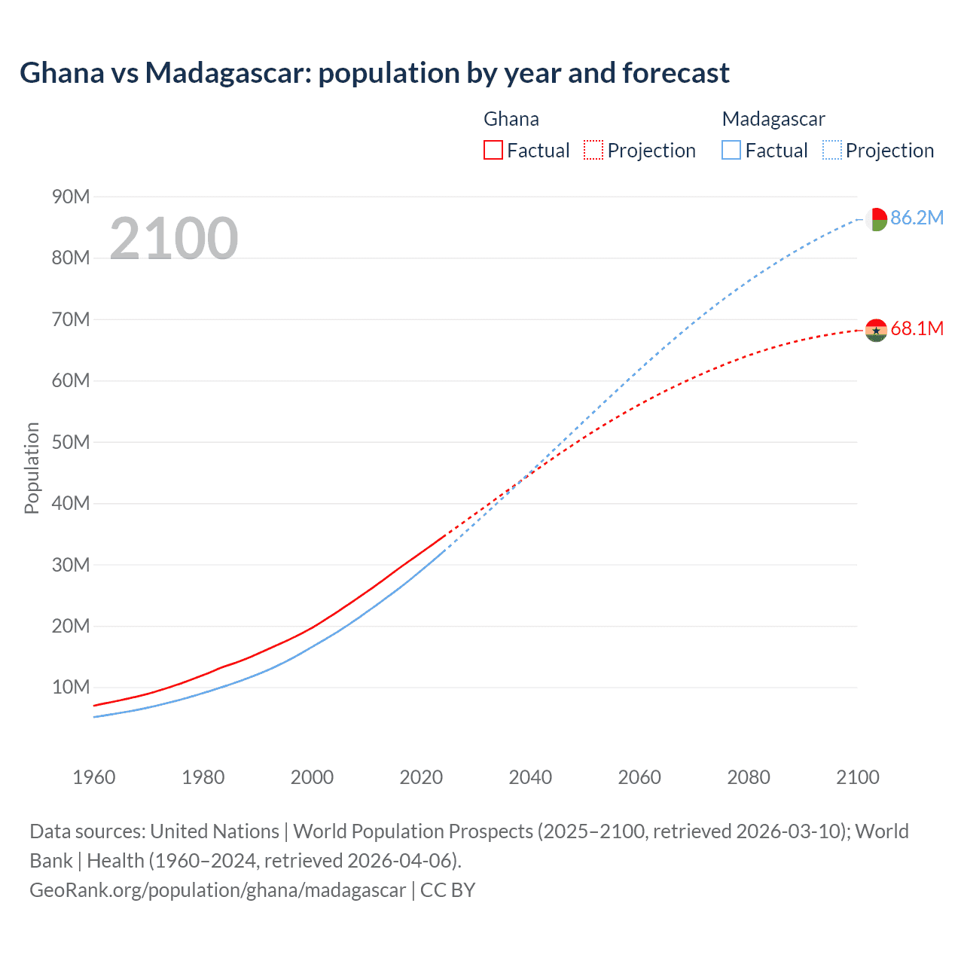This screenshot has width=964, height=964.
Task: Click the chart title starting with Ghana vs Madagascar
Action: (x=374, y=73)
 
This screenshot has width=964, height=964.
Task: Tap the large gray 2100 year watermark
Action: (x=174, y=239)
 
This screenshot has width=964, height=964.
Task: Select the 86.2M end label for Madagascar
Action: (x=917, y=218)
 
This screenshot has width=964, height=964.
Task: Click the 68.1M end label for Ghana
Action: (x=917, y=329)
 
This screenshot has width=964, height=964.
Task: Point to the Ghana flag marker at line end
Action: (x=876, y=330)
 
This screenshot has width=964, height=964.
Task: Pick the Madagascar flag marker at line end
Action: (x=876, y=219)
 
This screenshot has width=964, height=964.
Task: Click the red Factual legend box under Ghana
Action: (x=493, y=151)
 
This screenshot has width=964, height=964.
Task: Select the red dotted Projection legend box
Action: (x=593, y=151)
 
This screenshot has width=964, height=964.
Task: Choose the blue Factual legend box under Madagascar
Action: (x=731, y=151)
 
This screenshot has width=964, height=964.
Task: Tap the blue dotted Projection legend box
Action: (x=831, y=151)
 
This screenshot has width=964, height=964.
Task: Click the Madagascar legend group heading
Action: (x=773, y=119)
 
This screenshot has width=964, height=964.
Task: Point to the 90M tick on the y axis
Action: (x=71, y=197)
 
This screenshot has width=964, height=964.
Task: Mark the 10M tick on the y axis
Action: (x=71, y=688)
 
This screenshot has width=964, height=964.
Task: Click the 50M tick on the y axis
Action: (x=71, y=442)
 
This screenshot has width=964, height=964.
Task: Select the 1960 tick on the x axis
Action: (x=94, y=777)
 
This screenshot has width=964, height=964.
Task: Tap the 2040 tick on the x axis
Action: (x=530, y=777)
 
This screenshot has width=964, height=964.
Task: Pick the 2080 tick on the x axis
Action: (x=749, y=777)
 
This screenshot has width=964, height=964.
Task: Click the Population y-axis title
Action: (x=32, y=468)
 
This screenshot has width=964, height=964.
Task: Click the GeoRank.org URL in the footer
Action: (x=218, y=890)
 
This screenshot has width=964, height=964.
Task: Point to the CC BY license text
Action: (x=448, y=890)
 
